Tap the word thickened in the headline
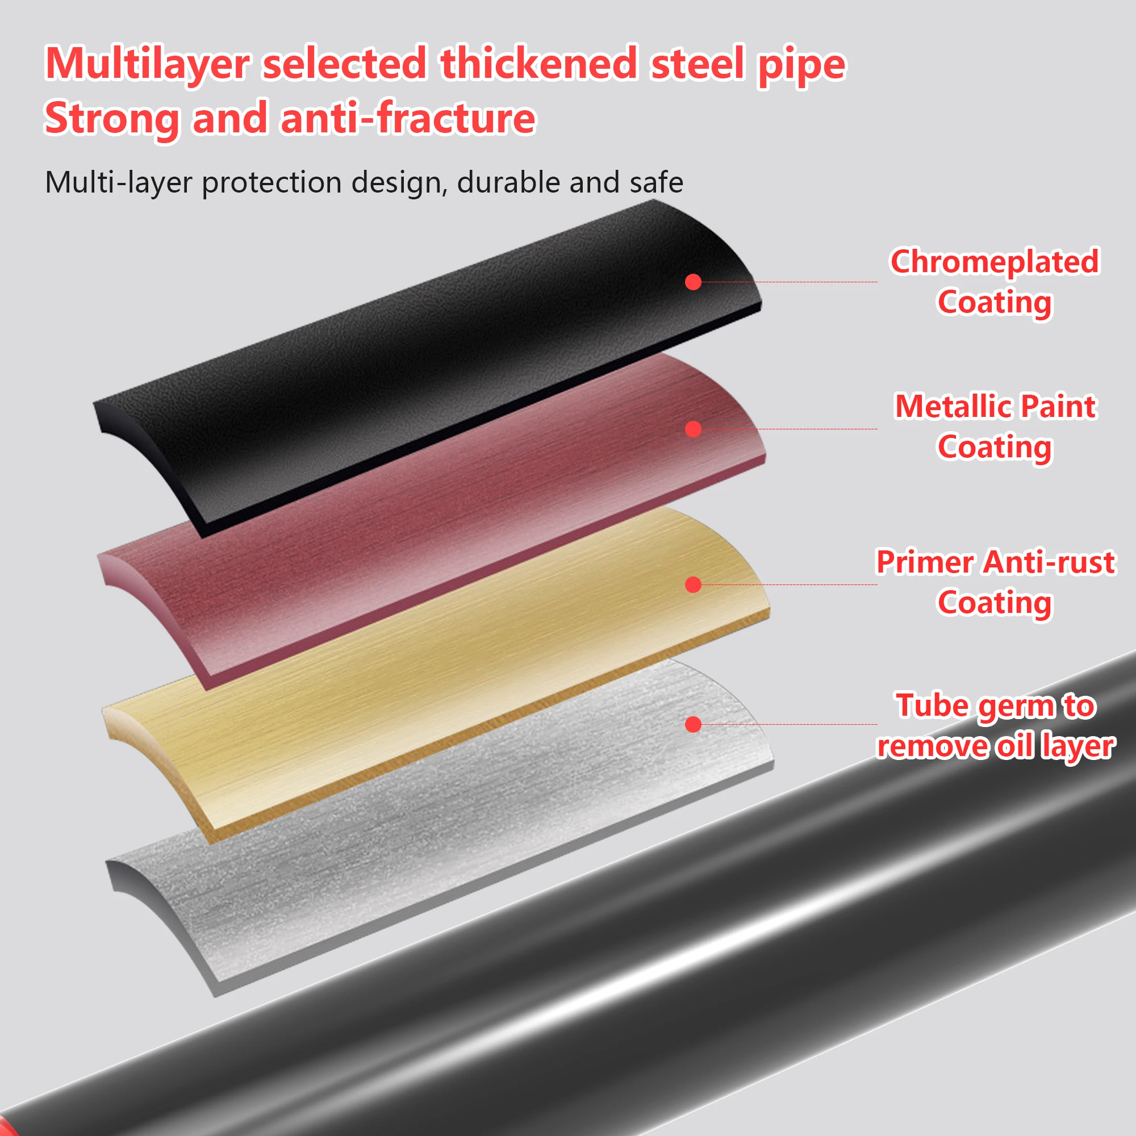pos(538,64)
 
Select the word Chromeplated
pos(995,262)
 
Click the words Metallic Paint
pos(995,406)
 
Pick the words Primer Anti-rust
pos(995,562)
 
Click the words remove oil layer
pos(995,746)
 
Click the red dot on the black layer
pos(693,282)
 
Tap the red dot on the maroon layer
pos(693,429)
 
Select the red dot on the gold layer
pos(693,584)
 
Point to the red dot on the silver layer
pos(693,724)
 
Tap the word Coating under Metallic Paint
pos(995,447)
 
